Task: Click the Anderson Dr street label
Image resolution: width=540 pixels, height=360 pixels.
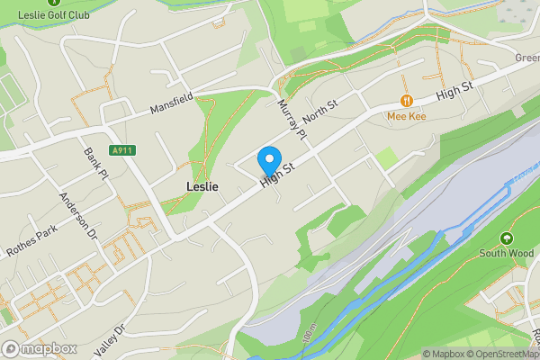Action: point(77,216)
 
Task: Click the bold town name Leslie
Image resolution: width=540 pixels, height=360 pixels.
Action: point(202,186)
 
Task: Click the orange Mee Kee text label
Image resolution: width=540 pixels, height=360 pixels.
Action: point(406,116)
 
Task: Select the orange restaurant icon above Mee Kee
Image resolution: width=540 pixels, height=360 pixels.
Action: point(407,101)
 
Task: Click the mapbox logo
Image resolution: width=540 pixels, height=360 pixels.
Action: point(40,348)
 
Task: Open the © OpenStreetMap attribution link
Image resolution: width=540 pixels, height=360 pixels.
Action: point(499,354)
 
